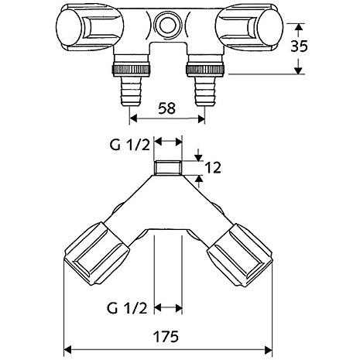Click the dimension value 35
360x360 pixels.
300,46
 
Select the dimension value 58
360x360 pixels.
166,108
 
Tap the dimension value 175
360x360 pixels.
166,336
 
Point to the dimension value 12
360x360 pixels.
213,168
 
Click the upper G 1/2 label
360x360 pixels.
130,146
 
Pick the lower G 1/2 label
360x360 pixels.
127,308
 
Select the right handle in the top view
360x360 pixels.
249,27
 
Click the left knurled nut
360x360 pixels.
132,70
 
